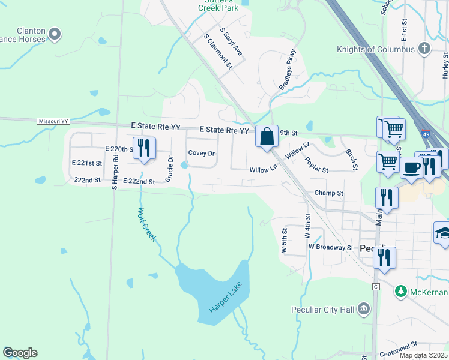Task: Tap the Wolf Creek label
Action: click(x=147, y=224)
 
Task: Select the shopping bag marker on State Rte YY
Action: click(x=267, y=136)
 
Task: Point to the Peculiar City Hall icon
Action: click(x=363, y=309)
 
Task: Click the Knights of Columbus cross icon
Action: click(x=424, y=49)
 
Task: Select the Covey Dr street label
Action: click(x=202, y=153)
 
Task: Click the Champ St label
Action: click(x=328, y=193)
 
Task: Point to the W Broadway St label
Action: click(x=331, y=247)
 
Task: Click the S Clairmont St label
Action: click(x=218, y=51)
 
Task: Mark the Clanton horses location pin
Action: click(x=55, y=34)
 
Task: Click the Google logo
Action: click(x=20, y=353)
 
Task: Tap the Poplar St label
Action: click(x=316, y=165)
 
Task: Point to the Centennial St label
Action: click(x=398, y=347)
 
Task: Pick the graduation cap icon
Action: click(x=443, y=234)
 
